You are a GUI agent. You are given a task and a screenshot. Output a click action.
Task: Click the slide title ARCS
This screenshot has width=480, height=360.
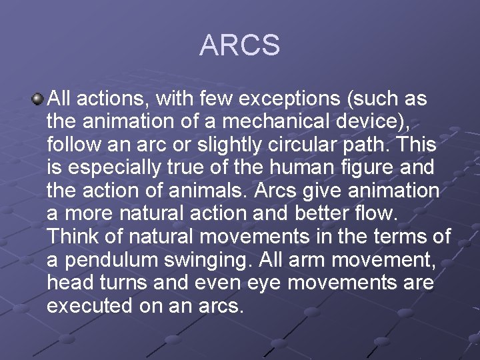click(239, 45)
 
